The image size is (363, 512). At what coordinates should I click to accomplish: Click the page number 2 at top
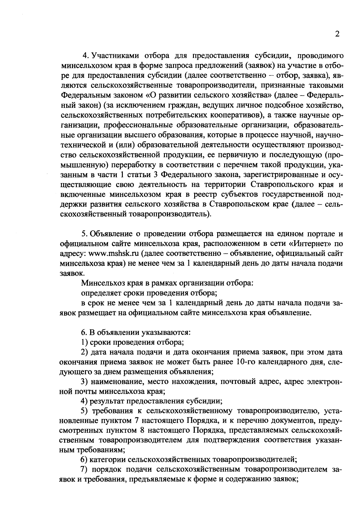click(x=337, y=34)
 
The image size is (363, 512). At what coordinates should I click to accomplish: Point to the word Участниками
click(x=113, y=56)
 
